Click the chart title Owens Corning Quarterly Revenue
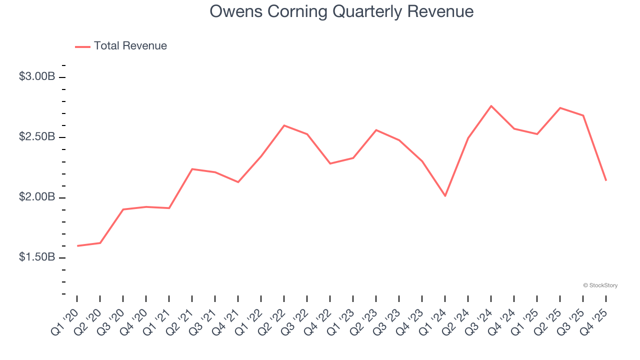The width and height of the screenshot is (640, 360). tap(341, 11)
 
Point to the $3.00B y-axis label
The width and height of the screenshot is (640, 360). tap(36, 77)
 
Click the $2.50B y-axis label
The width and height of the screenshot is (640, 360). tap(36, 137)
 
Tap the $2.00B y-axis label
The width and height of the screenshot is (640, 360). tap(36, 197)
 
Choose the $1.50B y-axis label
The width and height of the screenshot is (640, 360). tap(36, 257)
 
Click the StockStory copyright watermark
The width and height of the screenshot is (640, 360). tap(600, 285)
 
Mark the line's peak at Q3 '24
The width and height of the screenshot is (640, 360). tap(491, 106)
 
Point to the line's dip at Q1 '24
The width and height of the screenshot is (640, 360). tap(445, 195)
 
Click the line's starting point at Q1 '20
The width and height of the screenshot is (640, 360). tap(77, 246)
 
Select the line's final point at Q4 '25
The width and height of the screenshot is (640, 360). tap(606, 180)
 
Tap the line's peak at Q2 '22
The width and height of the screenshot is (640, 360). tap(284, 125)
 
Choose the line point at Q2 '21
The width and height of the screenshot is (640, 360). tap(192, 169)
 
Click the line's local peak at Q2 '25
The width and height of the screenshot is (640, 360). tap(560, 108)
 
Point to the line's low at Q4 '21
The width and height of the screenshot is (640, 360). tap(238, 182)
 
